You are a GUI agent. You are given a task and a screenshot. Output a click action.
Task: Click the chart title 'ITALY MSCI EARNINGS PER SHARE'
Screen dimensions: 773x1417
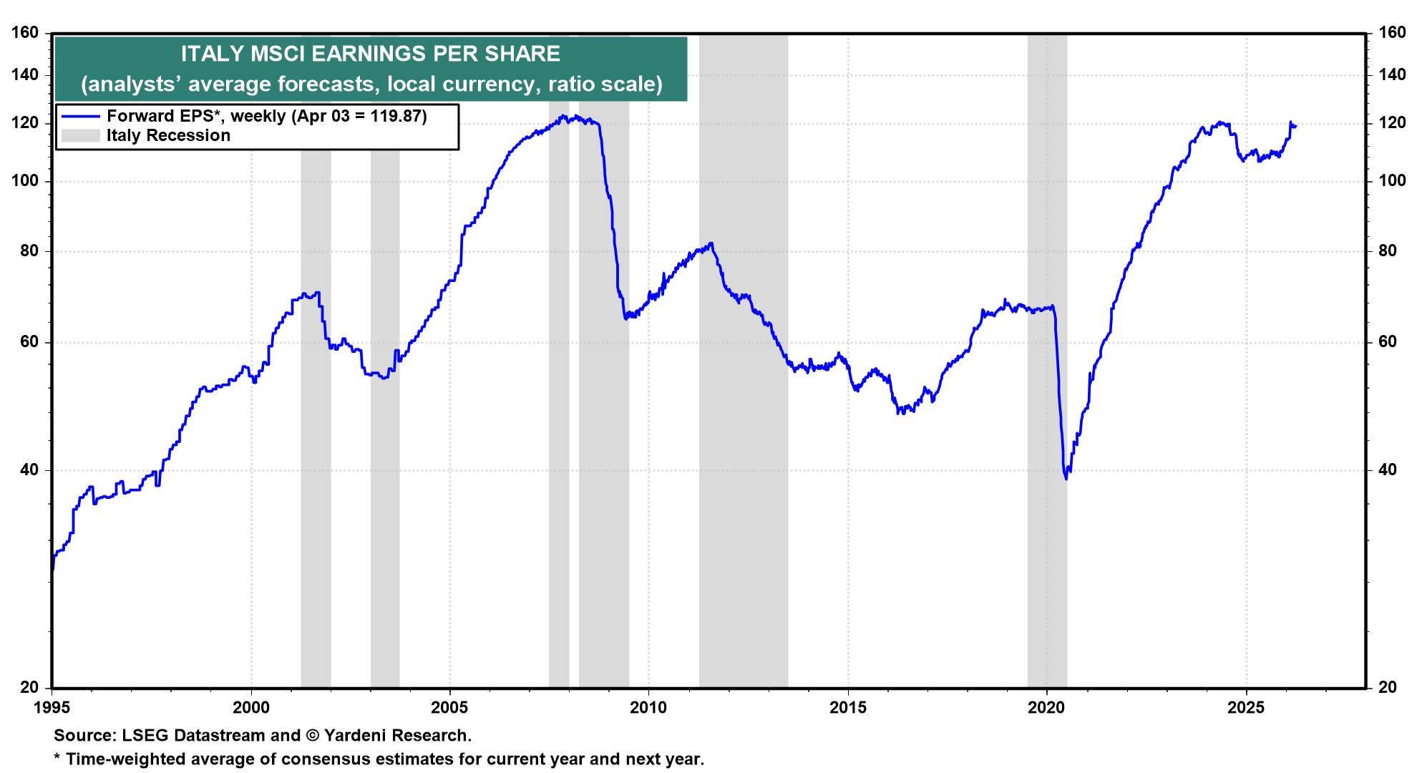coord(370,54)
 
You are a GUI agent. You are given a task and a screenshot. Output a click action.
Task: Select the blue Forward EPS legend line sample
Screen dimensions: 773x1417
coord(80,116)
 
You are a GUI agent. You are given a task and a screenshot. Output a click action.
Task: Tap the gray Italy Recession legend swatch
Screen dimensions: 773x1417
coord(80,135)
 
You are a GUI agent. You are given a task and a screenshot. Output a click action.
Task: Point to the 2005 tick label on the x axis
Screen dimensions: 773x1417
coord(449,708)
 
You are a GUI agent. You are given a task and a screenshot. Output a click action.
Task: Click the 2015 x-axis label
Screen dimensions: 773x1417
coord(847,708)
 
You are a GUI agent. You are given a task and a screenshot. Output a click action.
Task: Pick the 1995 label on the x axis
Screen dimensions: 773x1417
coord(52,708)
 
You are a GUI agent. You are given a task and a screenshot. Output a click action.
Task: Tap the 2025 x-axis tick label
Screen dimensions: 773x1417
coord(1246,708)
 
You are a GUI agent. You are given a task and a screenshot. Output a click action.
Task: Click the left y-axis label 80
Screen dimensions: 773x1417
coord(29,251)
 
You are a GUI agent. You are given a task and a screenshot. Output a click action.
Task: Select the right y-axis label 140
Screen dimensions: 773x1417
coord(1391,74)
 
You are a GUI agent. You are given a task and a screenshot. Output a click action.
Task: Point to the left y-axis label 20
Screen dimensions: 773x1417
coord(29,687)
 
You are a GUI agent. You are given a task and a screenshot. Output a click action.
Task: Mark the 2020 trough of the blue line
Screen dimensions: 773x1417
coord(1066,478)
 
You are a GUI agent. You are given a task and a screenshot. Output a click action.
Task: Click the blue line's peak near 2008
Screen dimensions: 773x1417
coord(563,116)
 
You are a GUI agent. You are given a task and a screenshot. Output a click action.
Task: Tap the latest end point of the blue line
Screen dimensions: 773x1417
coord(1295,126)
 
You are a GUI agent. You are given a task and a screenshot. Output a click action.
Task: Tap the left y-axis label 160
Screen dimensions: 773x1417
coord(25,32)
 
